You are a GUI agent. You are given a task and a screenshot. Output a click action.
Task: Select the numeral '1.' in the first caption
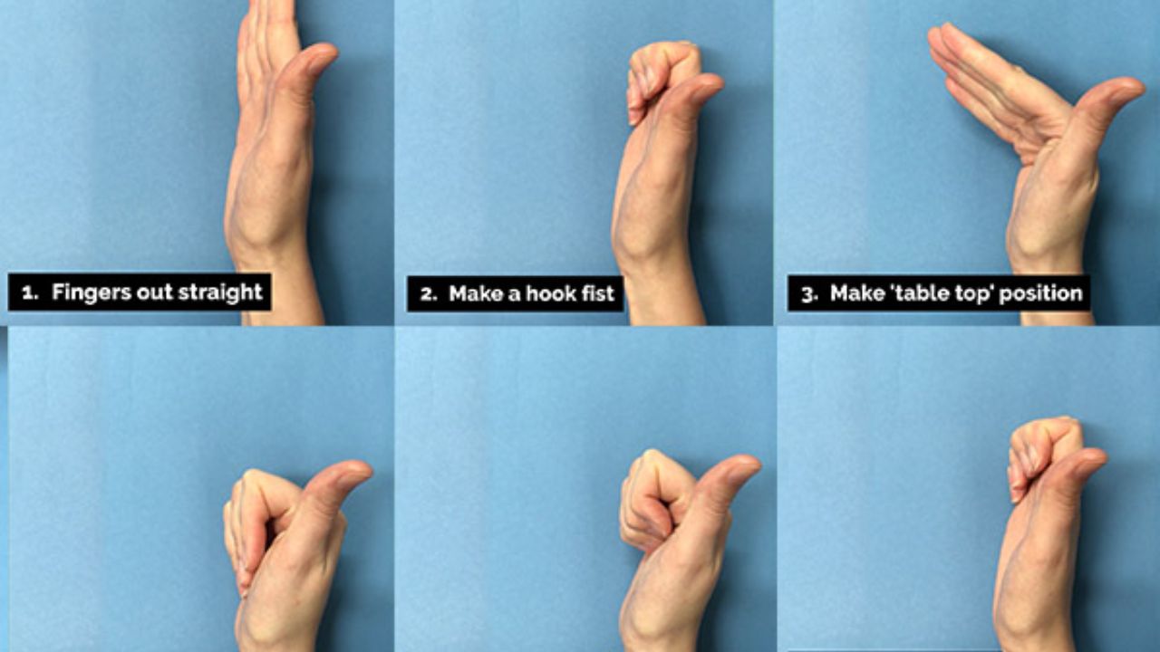point(30,293)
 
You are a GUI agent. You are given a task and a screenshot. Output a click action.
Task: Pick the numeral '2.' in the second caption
point(430,294)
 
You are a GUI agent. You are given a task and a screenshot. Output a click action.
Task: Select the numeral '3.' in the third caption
point(810,294)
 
